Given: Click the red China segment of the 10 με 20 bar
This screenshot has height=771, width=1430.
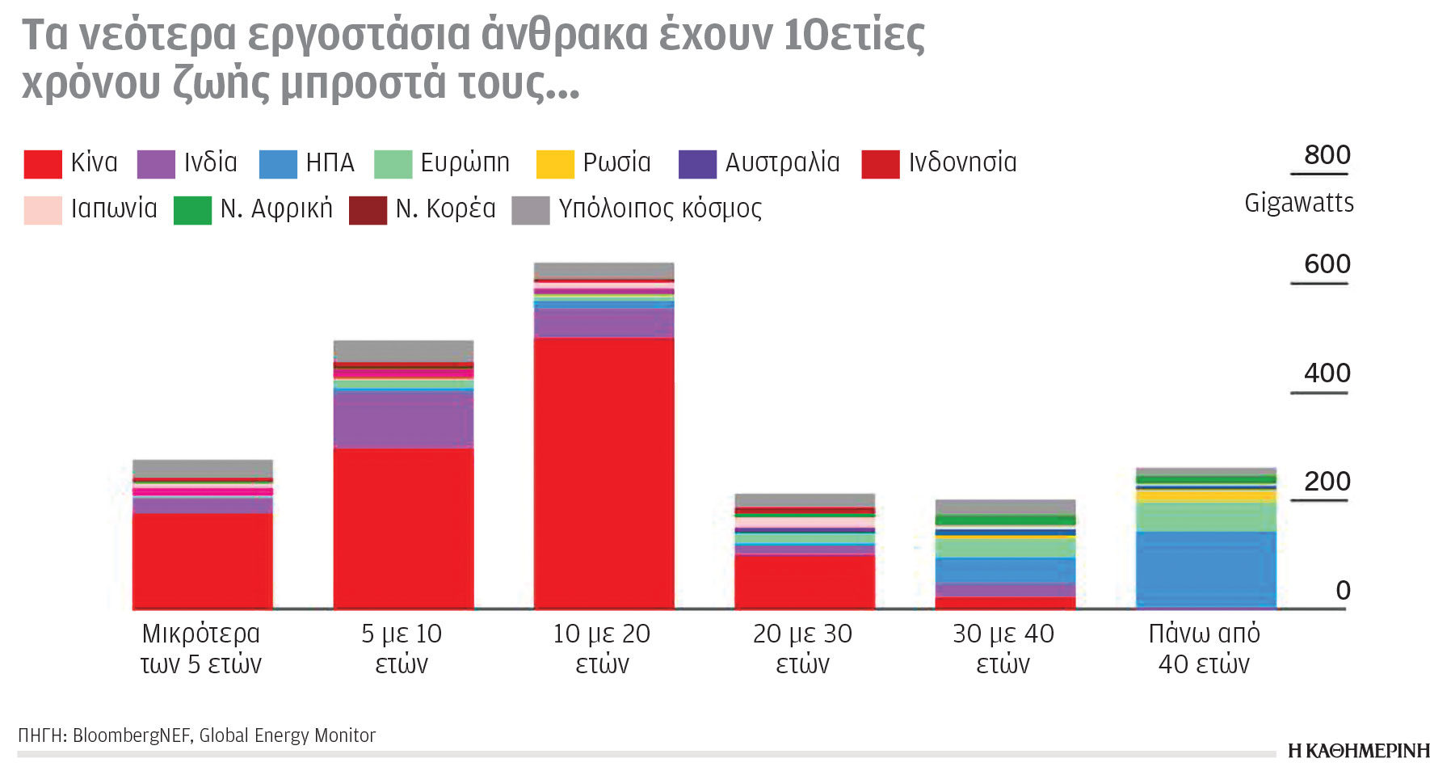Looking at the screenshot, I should (604, 473).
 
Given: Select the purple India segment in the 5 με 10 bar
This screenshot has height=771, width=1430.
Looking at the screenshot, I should (403, 420).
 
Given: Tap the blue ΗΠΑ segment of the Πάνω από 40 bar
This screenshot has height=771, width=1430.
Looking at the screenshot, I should (1205, 569).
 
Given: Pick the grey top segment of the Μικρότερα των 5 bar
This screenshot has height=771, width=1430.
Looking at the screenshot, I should (203, 469).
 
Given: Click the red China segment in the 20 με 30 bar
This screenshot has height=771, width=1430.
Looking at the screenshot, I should (804, 581).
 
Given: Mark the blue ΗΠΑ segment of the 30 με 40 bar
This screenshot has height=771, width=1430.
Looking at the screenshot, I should (1005, 571).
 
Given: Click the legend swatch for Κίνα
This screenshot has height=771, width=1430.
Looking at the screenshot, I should (43, 164).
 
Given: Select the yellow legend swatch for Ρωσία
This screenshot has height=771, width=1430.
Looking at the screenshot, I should (555, 164).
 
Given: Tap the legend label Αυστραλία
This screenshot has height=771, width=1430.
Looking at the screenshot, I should (782, 162).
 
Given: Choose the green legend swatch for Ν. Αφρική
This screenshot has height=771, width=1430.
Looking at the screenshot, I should (192, 210).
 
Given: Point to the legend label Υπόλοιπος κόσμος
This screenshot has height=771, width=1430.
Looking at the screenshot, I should (660, 209).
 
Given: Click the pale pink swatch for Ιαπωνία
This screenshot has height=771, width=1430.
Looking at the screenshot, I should (43, 210).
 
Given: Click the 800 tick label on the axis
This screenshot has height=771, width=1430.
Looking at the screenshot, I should (1327, 154).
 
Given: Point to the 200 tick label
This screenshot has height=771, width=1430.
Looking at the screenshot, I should (1327, 482).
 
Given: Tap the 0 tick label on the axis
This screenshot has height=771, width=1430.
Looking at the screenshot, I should (1343, 591).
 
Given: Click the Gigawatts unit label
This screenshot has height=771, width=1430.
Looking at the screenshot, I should (1298, 203).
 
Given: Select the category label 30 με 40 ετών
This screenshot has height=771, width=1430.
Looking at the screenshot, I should (1003, 649).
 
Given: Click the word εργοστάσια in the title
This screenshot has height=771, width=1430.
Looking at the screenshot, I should (358, 36).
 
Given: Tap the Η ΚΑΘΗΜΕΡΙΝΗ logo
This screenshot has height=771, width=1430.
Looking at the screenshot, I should (1358, 751).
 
